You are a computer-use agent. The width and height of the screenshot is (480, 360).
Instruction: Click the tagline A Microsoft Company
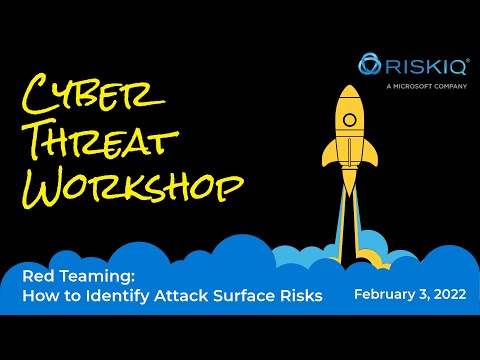pyautogui.click(x=420, y=85)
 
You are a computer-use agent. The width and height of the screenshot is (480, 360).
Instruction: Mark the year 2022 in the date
pyautogui.click(x=448, y=296)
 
